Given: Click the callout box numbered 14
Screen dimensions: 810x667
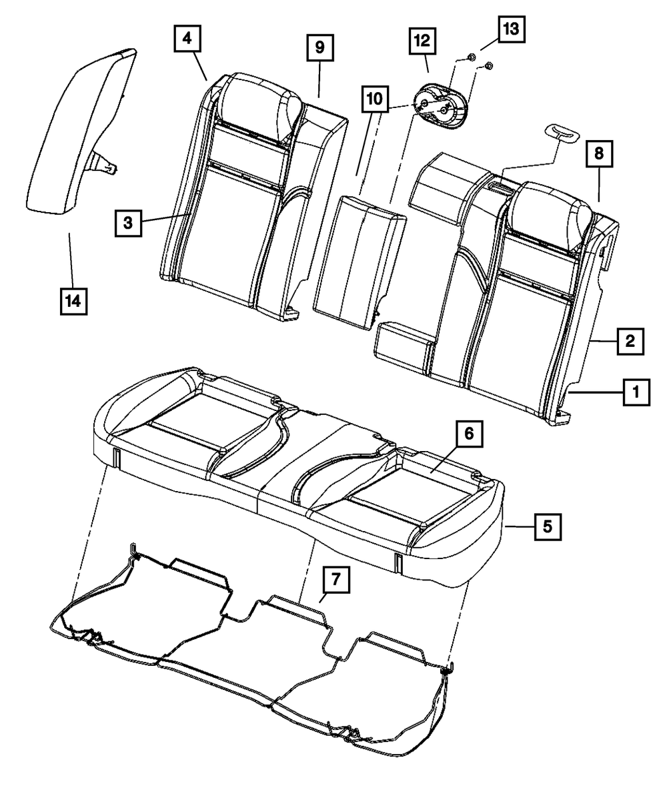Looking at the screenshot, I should [73, 301].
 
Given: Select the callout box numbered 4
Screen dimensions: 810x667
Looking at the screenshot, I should [187, 39].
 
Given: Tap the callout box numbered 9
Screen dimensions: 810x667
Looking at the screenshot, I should [319, 47].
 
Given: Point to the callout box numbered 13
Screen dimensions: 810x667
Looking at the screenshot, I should [510, 29].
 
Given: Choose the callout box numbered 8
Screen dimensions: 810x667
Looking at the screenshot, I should [599, 153].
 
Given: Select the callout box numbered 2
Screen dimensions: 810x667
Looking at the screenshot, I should [629, 341].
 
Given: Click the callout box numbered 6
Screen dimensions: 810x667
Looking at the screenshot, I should [469, 434].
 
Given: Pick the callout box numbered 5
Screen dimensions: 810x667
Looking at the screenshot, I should [547, 526].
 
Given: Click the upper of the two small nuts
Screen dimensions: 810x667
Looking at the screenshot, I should [469, 57].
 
